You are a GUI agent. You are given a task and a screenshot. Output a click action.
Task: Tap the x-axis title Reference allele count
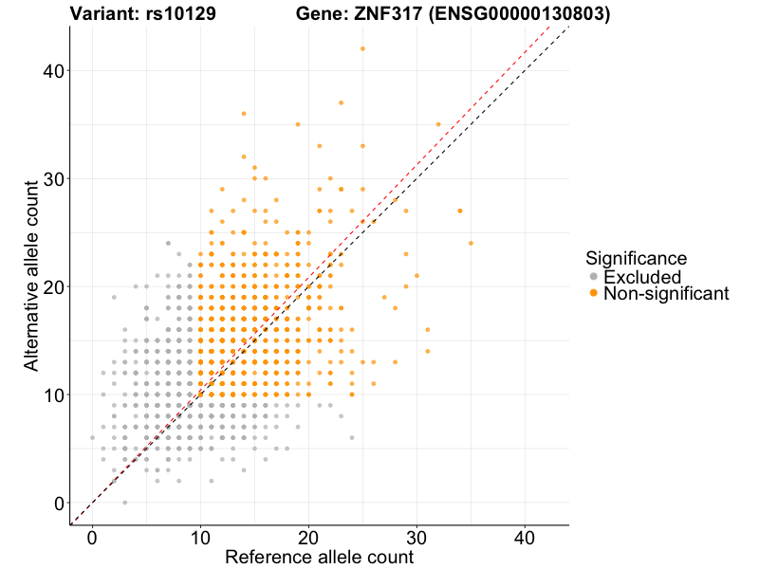coord(319,557)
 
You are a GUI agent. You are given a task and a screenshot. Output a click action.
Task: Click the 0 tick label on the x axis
coord(92,538)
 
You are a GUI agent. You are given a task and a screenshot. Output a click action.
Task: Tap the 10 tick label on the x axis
coord(200,538)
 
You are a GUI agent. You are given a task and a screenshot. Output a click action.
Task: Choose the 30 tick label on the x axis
coord(417,538)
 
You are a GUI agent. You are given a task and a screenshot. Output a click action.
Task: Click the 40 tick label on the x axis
coord(525,538)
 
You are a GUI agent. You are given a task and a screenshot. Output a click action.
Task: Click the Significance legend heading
coord(636,258)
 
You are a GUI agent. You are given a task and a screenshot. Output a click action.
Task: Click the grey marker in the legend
coord(594,277)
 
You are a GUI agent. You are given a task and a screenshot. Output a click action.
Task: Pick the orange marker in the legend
coord(594,294)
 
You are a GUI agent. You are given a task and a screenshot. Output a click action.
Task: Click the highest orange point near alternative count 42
coord(362,49)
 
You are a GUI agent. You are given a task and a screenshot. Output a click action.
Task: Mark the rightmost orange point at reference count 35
coord(471,244)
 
